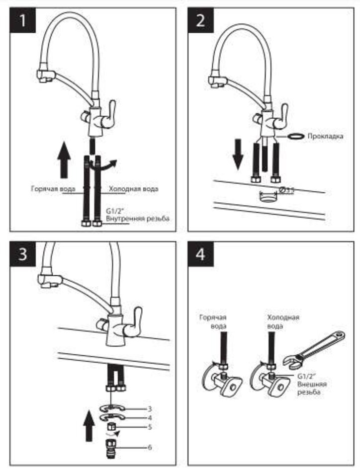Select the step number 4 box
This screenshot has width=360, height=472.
(201, 255)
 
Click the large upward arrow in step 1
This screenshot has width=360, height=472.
(64, 159)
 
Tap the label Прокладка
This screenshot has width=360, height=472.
(325, 136)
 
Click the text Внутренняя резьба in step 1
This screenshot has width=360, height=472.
(137, 219)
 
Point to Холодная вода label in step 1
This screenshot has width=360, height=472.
(134, 189)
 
